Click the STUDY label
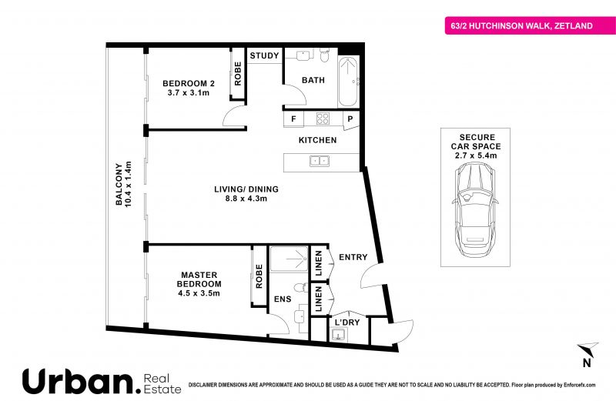coord(264,55)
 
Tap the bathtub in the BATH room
coord(348,82)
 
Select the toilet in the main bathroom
coord(324,55)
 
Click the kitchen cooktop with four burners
coord(323,119)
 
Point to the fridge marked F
coord(293,119)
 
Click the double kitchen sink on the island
coord(320,161)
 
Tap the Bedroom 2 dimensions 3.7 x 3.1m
coord(189,93)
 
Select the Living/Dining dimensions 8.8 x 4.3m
coord(246,199)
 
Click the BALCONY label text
coord(119,184)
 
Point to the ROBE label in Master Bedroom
coord(259,276)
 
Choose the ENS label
coord(283,299)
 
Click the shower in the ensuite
coord(289,259)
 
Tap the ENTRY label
coord(353,257)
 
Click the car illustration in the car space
coord(475,209)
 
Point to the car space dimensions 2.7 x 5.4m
coord(476,155)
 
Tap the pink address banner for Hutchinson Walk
coord(531,26)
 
